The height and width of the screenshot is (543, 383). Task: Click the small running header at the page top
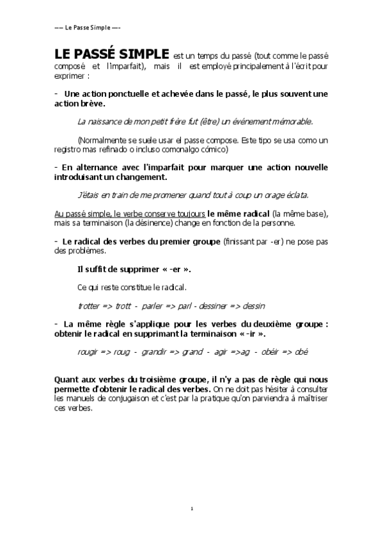pos(88,28)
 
